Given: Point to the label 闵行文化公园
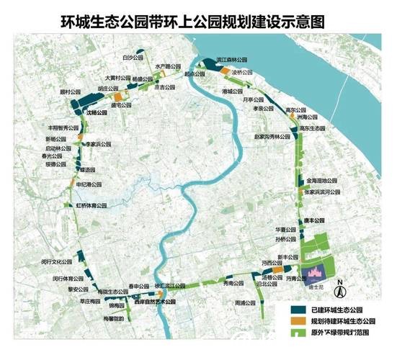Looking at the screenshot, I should (x=60, y=261).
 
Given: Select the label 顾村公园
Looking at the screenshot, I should (x=70, y=92).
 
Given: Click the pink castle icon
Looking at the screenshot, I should (x=315, y=274).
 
